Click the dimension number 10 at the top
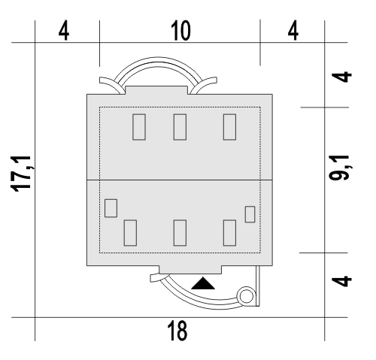(x=180, y=31)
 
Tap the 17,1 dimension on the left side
(x=21, y=174)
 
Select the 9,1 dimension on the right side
(x=339, y=168)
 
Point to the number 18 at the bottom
(x=177, y=331)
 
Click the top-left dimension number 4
(x=64, y=31)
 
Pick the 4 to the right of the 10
(x=293, y=31)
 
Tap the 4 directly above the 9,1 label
(x=341, y=77)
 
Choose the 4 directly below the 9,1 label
(x=341, y=281)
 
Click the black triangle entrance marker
(x=203, y=283)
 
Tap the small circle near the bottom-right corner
(x=246, y=296)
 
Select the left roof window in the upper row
(x=139, y=127)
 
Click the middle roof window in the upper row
(x=180, y=127)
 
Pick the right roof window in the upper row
(x=229, y=127)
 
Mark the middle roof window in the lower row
(x=180, y=233)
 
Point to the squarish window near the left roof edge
(x=111, y=208)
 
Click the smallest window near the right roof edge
(x=250, y=214)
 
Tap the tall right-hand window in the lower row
(x=229, y=233)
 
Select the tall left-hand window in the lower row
(x=130, y=233)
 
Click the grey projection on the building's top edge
(x=156, y=90)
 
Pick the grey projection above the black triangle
(x=190, y=270)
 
